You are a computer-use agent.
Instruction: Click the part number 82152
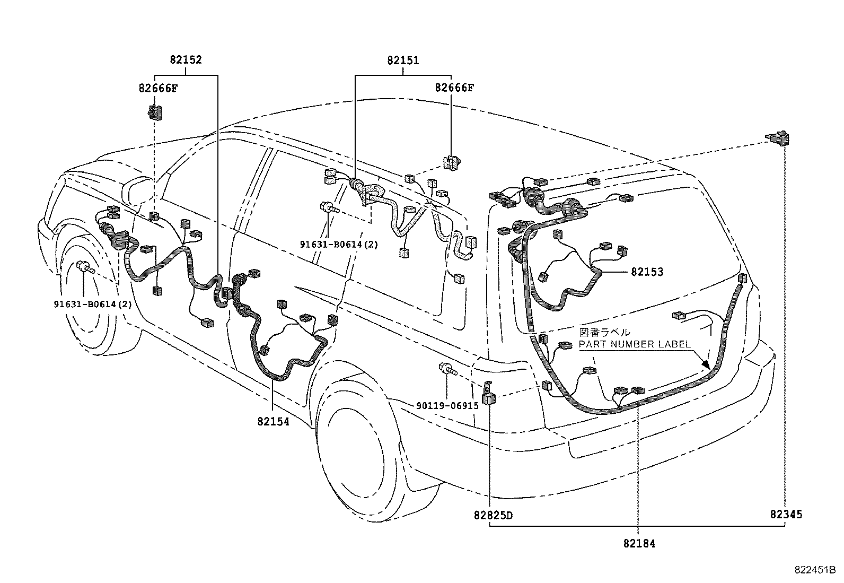coord(186,60)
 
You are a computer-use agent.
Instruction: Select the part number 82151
coord(403,60)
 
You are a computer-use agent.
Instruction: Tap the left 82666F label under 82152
coord(158,88)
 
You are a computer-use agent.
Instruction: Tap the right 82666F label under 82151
coord(454,88)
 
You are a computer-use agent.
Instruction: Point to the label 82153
coord(647,272)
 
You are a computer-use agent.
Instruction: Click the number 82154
coord(274,422)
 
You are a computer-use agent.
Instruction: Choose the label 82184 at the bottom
coord(639,544)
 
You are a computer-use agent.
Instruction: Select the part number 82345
coord(786,514)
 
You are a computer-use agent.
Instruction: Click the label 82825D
coord(494,515)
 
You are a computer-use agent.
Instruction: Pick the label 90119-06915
coord(447,405)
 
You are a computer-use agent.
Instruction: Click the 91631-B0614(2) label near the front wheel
coord(92,304)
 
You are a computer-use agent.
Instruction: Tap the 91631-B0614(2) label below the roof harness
coord(339,245)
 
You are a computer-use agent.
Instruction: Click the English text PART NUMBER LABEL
coord(635,344)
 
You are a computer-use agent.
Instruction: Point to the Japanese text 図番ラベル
coord(605,333)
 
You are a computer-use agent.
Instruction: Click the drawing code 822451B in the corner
coord(814,570)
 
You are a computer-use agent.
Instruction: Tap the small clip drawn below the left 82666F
coord(154,112)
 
